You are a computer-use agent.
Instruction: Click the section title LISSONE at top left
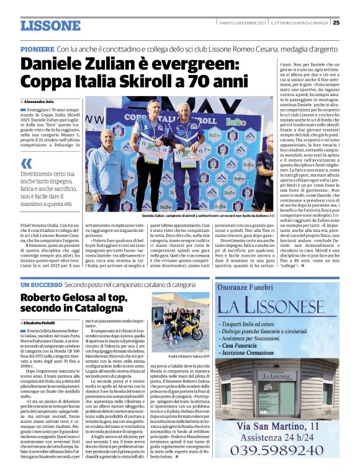[50, 25]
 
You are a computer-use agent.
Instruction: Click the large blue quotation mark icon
[27, 164]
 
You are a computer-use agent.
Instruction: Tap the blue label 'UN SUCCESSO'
[41, 284]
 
